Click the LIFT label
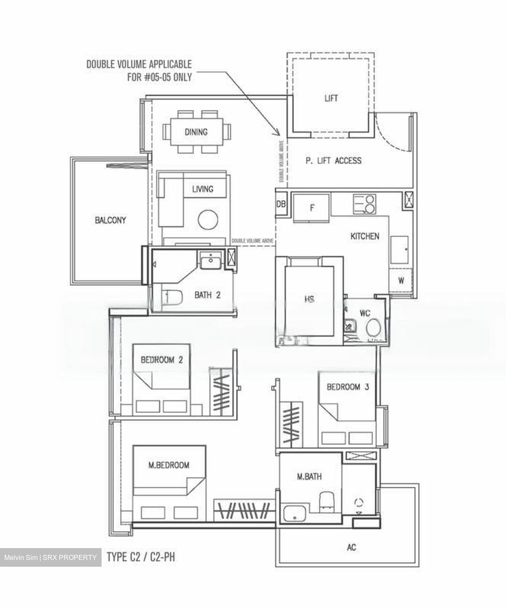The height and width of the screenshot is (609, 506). click(x=331, y=98)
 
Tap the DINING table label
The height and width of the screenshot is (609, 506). click(x=196, y=132)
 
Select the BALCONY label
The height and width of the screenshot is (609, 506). click(x=110, y=220)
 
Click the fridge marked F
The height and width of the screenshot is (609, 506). click(x=312, y=208)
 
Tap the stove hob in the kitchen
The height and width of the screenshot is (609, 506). click(x=365, y=204)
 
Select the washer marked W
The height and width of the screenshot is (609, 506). click(x=401, y=280)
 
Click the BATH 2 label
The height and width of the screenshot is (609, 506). click(x=207, y=295)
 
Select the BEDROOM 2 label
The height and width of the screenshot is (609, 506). click(x=161, y=360)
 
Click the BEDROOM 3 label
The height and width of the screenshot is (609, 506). click(x=348, y=387)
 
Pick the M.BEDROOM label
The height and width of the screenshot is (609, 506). click(x=169, y=465)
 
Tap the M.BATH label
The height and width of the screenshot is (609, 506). click(x=309, y=477)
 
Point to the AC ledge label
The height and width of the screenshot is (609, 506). click(x=351, y=547)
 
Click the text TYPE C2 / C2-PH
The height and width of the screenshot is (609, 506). click(x=141, y=557)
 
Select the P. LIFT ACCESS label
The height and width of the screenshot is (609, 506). click(x=333, y=160)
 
